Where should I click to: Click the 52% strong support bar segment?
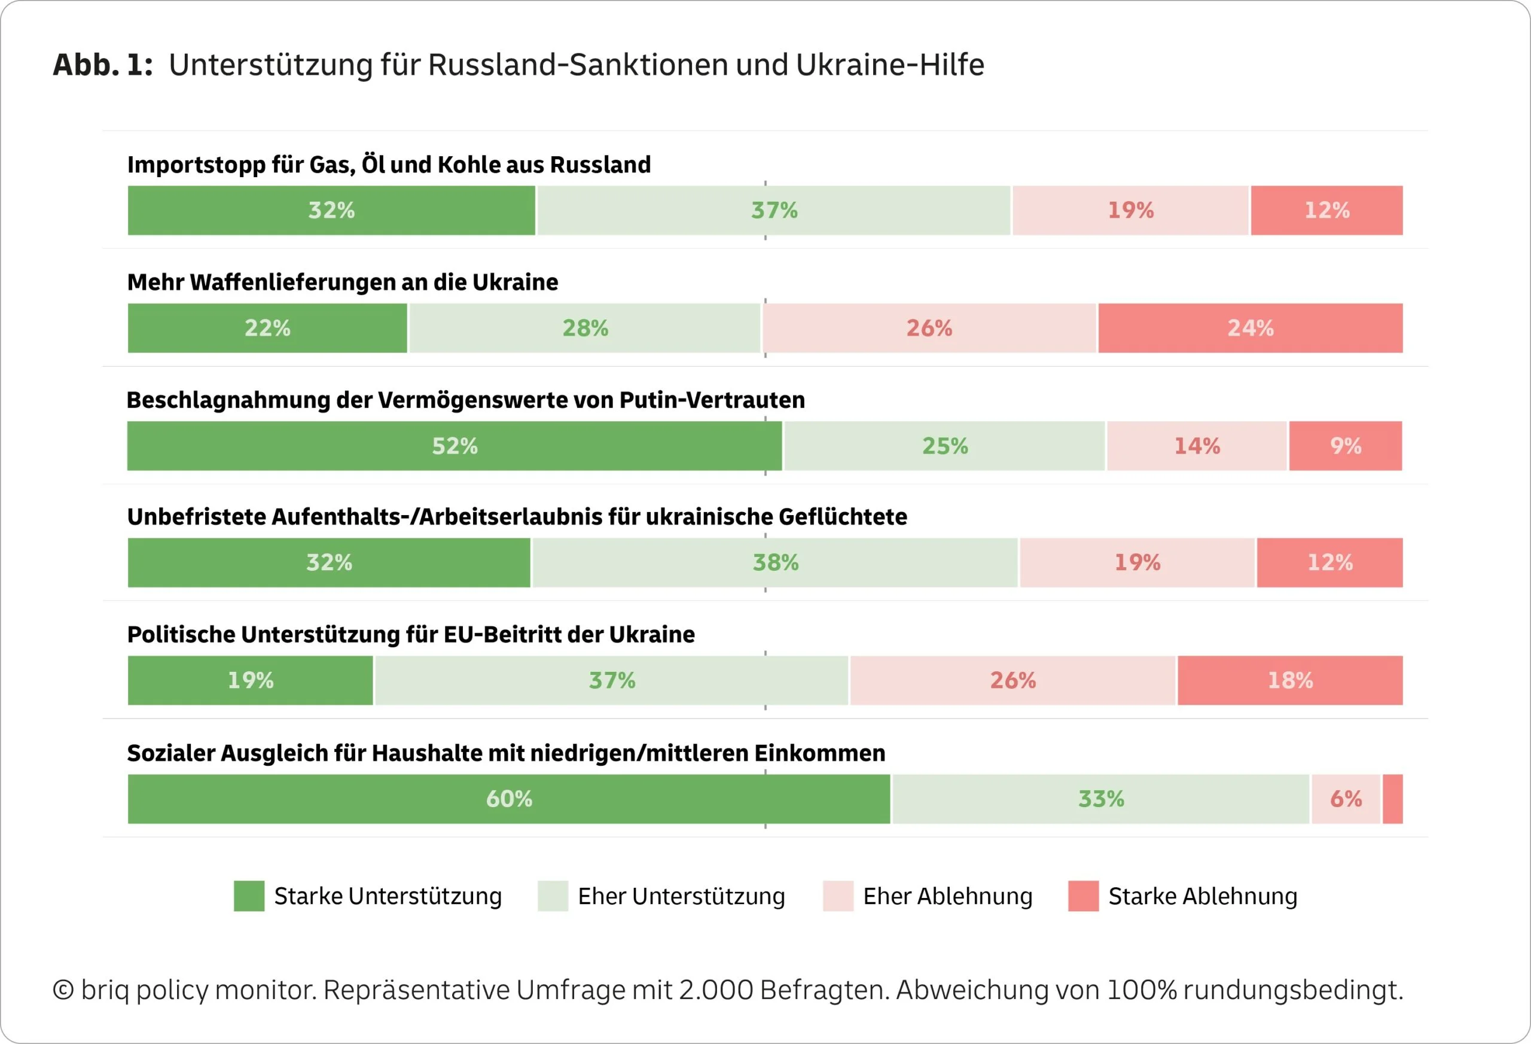[x=455, y=446]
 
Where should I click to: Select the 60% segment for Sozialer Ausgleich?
[x=508, y=799]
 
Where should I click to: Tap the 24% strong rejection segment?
[x=1250, y=328]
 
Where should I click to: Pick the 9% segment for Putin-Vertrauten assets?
[x=1345, y=446]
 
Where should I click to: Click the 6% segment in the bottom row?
[x=1345, y=799]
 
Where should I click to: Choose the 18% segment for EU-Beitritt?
[x=1289, y=680]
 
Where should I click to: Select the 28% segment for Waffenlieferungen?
[x=584, y=328]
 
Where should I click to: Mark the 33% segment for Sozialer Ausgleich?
[x=1100, y=799]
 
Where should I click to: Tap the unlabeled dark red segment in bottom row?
[x=1393, y=799]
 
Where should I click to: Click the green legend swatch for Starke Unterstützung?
[x=249, y=896]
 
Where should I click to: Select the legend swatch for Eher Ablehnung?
[x=838, y=896]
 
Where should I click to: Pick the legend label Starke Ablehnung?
[x=1202, y=896]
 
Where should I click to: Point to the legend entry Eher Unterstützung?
[x=681, y=896]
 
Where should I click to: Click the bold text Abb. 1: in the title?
[x=102, y=65]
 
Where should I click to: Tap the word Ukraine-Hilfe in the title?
[x=889, y=65]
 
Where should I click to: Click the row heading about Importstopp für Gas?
[x=389, y=164]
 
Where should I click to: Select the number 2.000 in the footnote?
[x=715, y=990]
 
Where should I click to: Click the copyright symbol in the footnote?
[x=63, y=990]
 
